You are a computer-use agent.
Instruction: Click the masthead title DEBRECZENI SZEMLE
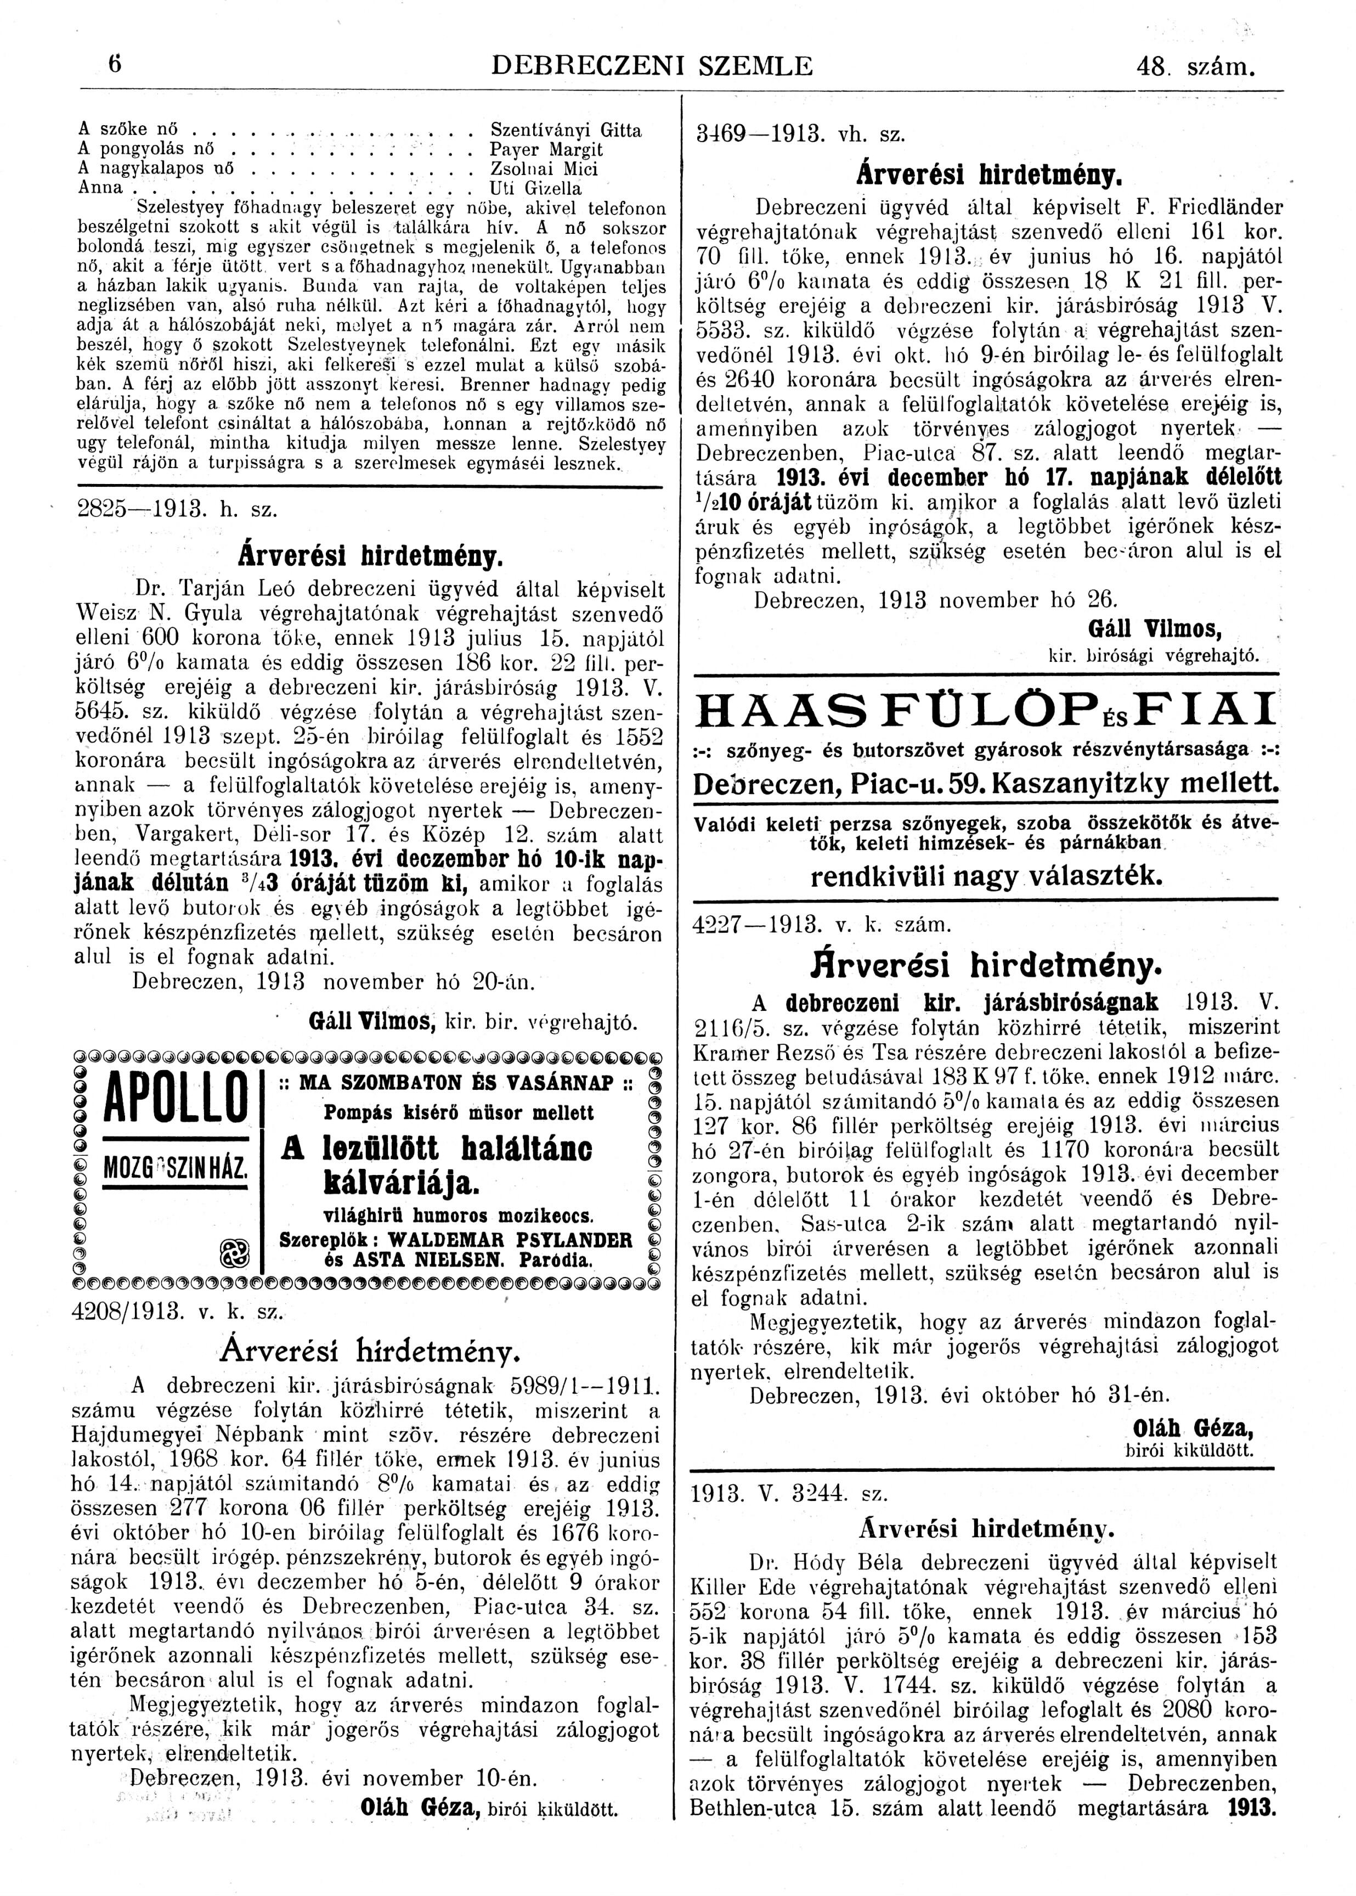click(x=652, y=66)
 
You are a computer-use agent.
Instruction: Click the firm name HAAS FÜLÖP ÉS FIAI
click(x=987, y=710)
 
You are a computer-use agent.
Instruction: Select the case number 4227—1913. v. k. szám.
click(x=822, y=925)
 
